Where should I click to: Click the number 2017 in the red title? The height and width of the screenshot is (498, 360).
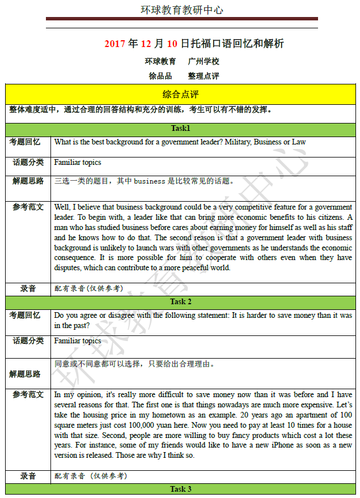[x=115, y=44]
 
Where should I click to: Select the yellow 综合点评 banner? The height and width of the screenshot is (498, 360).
[x=180, y=93]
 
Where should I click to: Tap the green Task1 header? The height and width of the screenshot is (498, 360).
[x=180, y=129]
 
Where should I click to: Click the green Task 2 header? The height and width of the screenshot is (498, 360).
[x=180, y=301]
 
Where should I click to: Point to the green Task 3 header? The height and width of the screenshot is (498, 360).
[x=180, y=489]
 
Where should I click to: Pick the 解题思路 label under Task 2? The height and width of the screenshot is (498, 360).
[x=25, y=374]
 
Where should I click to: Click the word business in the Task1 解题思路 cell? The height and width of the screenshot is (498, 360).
[x=150, y=181]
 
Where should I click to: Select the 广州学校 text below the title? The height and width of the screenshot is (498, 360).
[x=204, y=61]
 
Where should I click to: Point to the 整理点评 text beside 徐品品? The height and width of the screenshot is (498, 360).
[x=204, y=76]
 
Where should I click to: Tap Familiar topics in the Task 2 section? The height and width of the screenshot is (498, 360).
[x=78, y=340]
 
